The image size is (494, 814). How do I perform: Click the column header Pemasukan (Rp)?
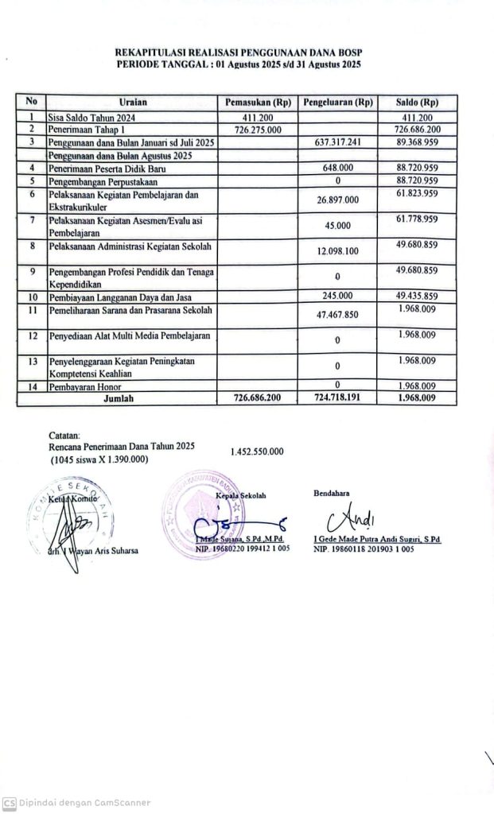point(258,103)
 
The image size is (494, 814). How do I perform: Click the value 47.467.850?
point(338,315)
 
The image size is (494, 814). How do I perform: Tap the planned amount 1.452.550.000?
point(257,452)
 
